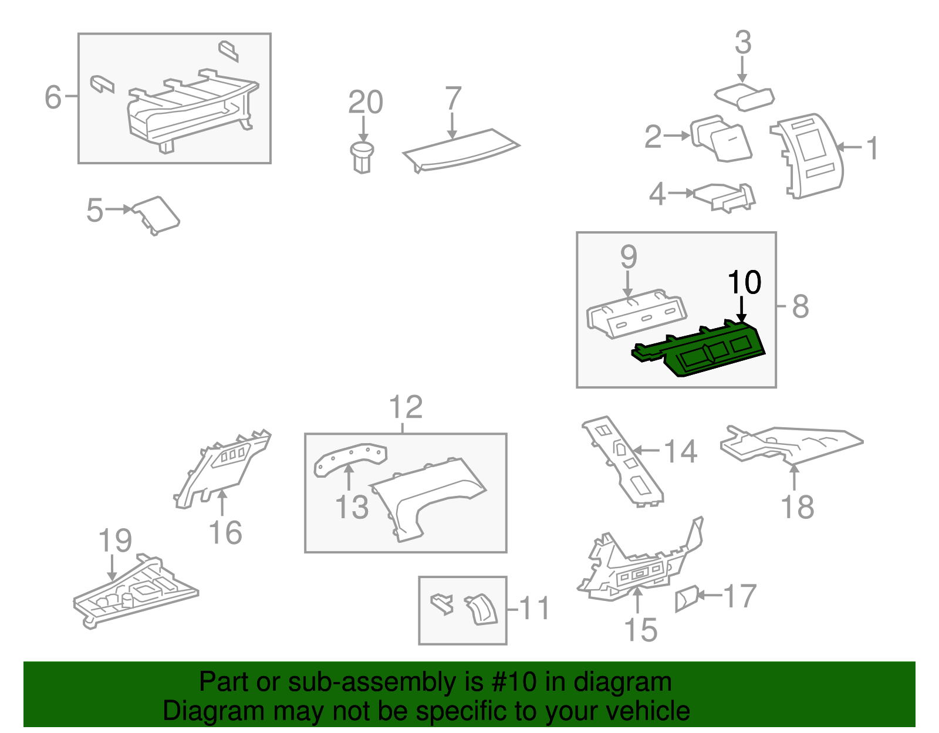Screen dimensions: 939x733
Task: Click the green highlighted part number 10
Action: pos(704,351)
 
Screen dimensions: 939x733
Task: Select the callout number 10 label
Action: pos(744,283)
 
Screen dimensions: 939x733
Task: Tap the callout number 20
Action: pos(365,103)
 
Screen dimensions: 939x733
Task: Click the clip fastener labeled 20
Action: pos(362,156)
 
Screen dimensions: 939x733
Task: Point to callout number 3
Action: pos(743,43)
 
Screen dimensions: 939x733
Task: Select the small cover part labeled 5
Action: pos(156,214)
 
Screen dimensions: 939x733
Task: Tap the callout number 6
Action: pos(53,97)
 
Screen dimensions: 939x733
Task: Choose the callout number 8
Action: pos(800,306)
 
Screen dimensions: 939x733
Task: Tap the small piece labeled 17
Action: pos(686,599)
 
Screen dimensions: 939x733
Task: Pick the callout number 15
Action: pos(640,630)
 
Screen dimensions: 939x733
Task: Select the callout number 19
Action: pos(115,541)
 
